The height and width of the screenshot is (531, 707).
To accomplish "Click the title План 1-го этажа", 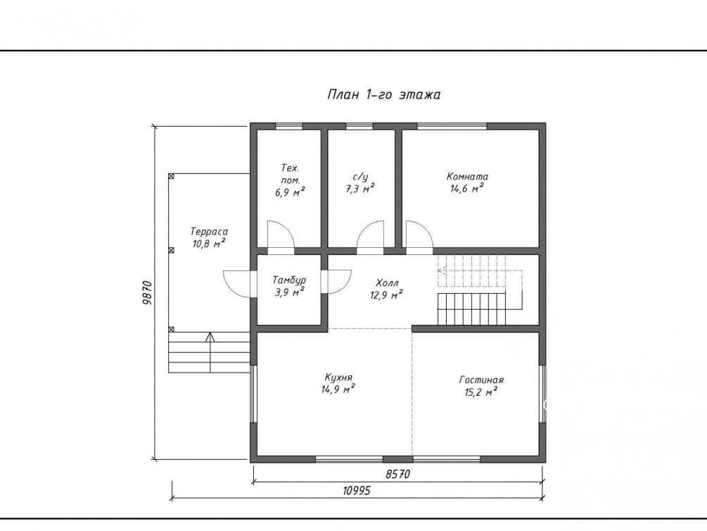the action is point(383,95).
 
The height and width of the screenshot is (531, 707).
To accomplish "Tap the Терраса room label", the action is point(209,232).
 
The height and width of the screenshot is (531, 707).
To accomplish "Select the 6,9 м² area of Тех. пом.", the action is point(290,192).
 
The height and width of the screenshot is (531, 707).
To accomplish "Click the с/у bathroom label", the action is point(360,177).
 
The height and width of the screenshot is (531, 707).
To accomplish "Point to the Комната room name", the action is point(467,176).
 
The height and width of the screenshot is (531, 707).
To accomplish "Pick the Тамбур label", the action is point(289,280).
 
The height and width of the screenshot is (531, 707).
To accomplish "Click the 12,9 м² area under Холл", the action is point(386,295).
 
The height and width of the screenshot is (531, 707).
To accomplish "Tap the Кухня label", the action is point(338,377).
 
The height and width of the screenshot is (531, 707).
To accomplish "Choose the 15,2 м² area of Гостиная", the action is point(480,392).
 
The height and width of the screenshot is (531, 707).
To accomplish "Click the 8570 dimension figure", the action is point(398,474).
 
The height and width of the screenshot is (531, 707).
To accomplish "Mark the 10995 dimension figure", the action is point(357,490).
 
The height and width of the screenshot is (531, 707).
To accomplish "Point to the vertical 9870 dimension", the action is point(148,292).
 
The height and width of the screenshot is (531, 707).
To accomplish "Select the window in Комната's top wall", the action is point(452,126).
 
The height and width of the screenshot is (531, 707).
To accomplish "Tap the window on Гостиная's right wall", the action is point(542,394).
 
